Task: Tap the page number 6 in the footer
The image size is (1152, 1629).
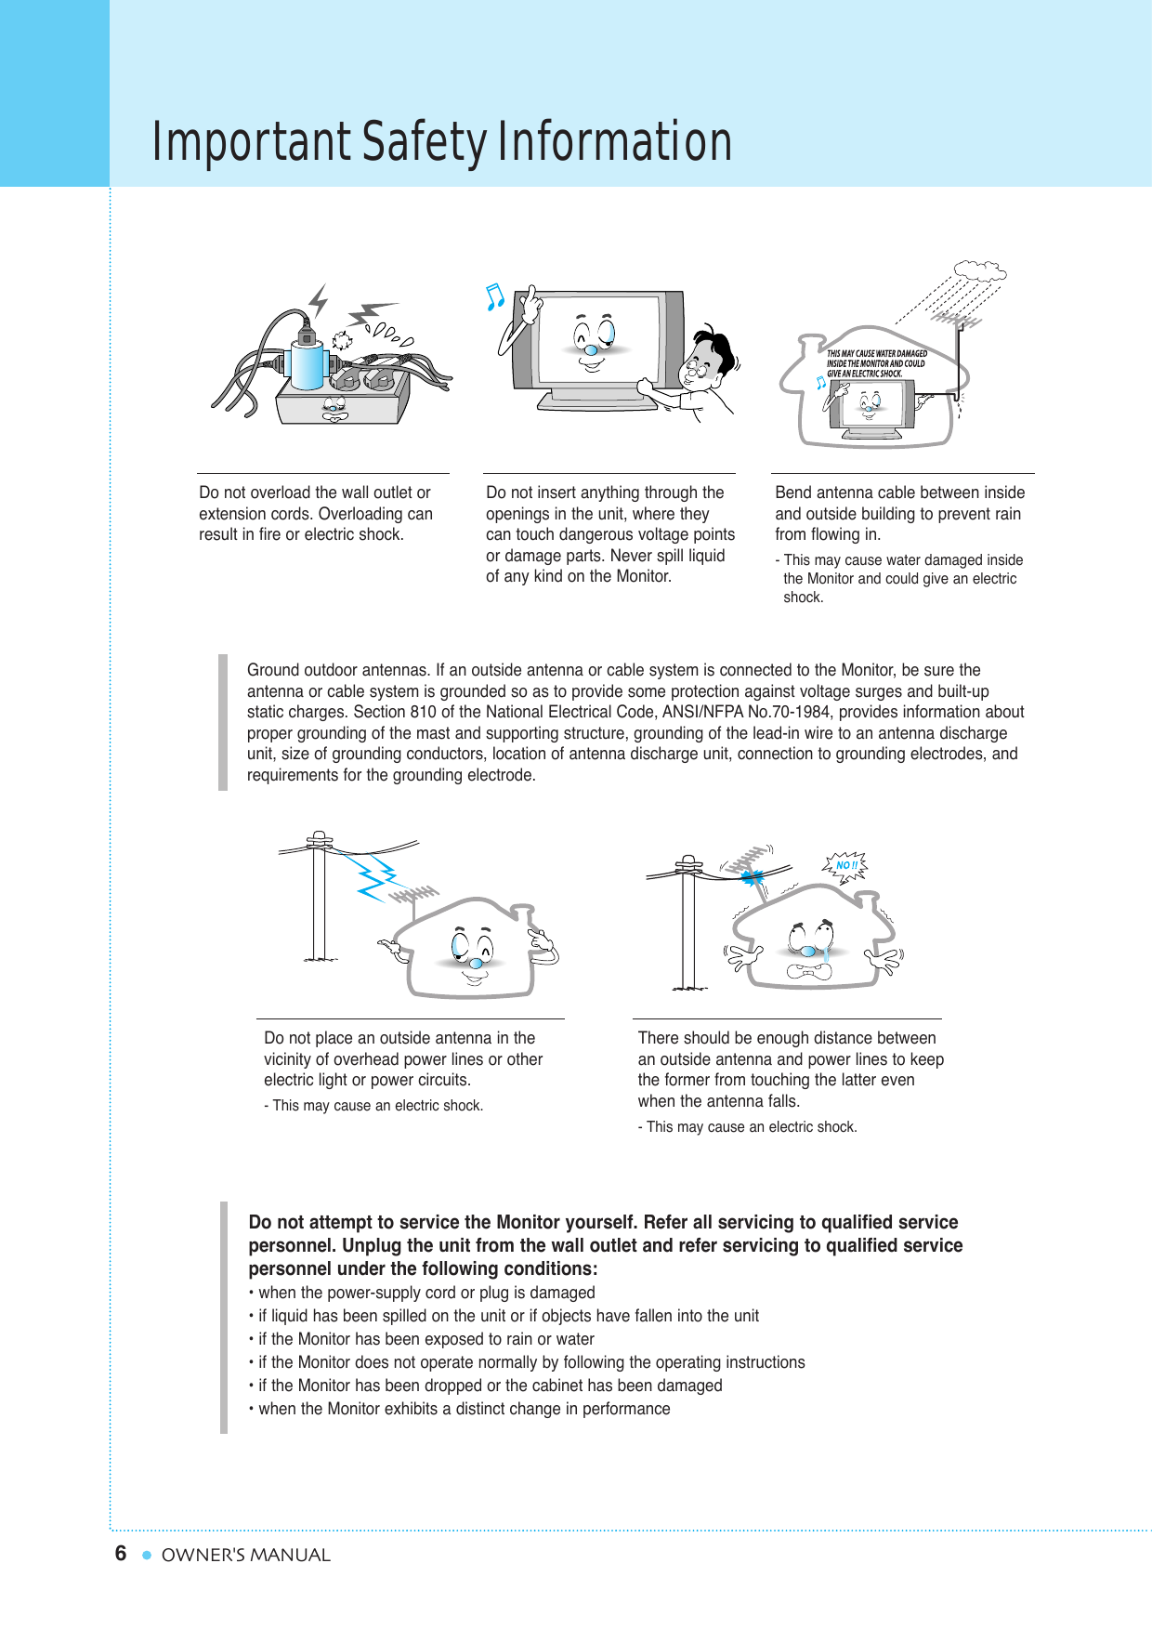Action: point(121,1554)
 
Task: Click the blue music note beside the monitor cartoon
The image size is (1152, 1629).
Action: point(495,297)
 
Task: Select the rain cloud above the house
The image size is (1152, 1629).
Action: point(979,271)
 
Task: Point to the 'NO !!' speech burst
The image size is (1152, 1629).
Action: point(844,865)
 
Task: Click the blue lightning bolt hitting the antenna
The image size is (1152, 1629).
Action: point(377,875)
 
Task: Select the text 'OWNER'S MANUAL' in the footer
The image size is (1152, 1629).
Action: point(245,1555)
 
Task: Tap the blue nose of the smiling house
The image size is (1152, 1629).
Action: point(476,964)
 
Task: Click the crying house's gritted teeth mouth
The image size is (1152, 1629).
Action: point(807,972)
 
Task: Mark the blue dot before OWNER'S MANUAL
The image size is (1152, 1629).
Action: point(146,1555)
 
